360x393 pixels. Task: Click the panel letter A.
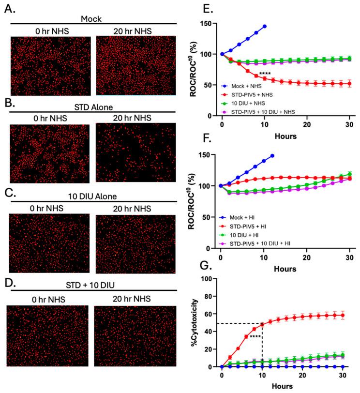coord(11,9)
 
